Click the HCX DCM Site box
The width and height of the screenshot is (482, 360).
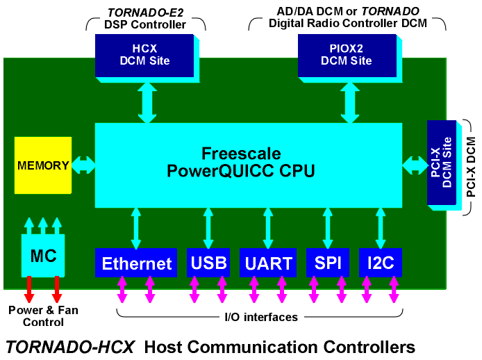(x=144, y=54)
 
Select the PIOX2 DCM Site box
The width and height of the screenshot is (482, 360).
(x=346, y=54)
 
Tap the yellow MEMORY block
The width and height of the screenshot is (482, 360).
(x=42, y=165)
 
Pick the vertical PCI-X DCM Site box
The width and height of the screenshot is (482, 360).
(x=441, y=163)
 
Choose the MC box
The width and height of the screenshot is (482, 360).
(x=43, y=255)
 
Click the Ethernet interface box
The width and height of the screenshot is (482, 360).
(x=136, y=263)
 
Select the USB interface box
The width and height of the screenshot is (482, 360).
(x=208, y=263)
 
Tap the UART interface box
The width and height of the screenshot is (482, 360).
(x=267, y=263)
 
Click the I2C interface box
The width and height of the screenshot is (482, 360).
(x=380, y=263)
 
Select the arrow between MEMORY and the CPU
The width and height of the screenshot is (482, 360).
(x=83, y=165)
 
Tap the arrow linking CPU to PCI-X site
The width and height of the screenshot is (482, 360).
(x=415, y=165)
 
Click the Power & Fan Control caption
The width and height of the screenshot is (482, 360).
(x=42, y=317)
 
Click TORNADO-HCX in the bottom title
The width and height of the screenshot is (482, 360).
(x=69, y=345)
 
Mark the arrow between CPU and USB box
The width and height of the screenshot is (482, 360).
(x=208, y=228)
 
